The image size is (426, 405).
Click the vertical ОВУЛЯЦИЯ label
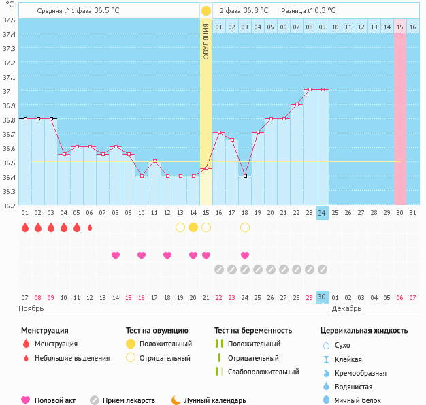[206, 40]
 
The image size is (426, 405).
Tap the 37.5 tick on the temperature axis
[9, 20]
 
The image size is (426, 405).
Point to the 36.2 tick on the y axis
[9, 206]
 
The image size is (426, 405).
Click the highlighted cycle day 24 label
[322, 213]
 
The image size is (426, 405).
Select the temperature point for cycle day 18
[245, 176]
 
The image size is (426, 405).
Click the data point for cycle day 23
[310, 89]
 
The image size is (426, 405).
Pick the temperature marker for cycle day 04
[64, 154]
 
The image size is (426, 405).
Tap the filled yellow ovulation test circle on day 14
[193, 227]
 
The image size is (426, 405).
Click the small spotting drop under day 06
[90, 227]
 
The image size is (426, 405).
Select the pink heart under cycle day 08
[116, 255]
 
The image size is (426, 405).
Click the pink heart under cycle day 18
[245, 255]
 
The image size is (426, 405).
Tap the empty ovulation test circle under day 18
[245, 227]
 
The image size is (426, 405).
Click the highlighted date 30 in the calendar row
[322, 297]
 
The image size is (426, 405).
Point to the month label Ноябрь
[31, 308]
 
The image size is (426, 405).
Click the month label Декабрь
[348, 308]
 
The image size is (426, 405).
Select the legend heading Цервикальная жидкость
[364, 330]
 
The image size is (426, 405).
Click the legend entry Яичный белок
[357, 400]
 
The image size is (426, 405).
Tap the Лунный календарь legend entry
[216, 400]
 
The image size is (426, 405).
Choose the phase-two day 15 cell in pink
[400, 27]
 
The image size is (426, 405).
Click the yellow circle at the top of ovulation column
[206, 11]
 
